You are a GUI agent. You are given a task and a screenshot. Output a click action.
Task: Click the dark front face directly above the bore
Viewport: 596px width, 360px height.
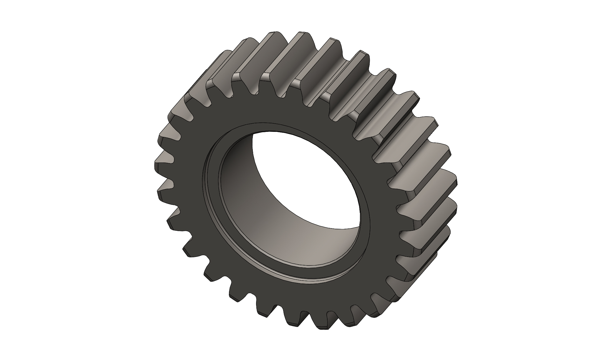(x=283, y=112)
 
